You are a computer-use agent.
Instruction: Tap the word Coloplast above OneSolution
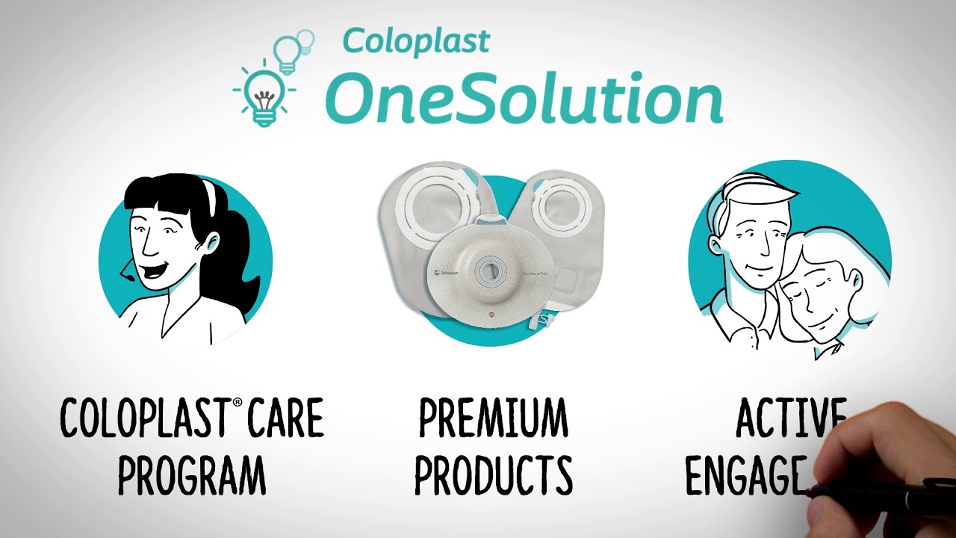pyautogui.click(x=416, y=41)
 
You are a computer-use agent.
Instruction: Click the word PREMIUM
pyautogui.click(x=493, y=419)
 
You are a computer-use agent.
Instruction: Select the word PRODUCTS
pyautogui.click(x=494, y=474)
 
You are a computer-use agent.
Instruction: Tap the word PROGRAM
pyautogui.click(x=192, y=474)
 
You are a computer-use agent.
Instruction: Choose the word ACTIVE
pyautogui.click(x=790, y=418)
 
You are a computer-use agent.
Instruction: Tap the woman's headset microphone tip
pyautogui.click(x=128, y=278)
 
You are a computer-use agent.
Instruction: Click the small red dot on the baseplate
pyautogui.click(x=490, y=315)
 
